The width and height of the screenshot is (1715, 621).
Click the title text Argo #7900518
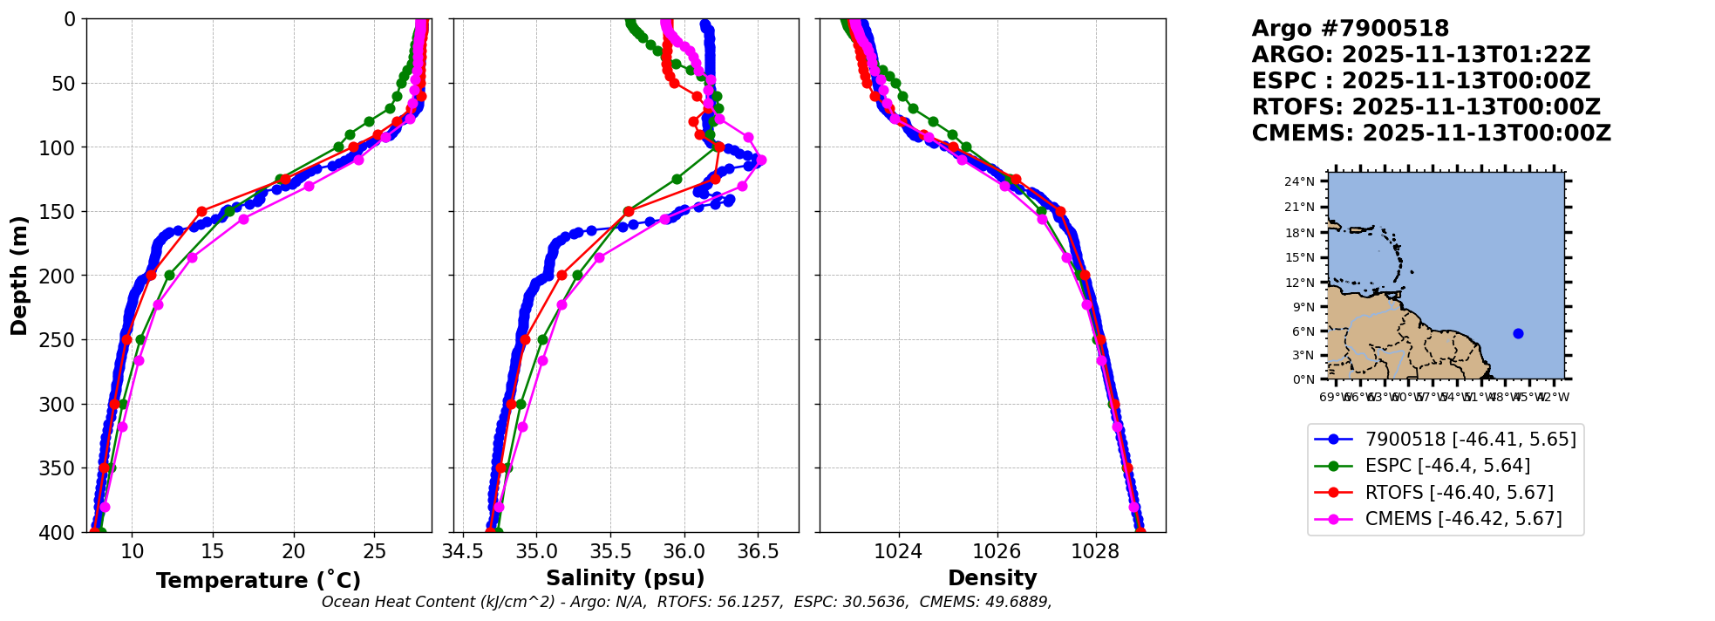coord(1350,29)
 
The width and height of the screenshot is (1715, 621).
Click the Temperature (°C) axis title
coord(258,581)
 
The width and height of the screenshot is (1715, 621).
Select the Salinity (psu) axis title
coord(625,578)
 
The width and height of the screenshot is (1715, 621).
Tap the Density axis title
coord(992,578)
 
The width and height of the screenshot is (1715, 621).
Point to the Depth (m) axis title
coord(19,276)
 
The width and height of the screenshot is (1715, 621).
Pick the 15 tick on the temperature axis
coord(213,551)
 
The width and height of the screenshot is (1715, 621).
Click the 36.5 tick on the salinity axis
coord(758,551)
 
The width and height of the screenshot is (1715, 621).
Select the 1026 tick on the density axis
coord(997,551)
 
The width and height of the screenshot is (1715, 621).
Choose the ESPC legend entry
coord(1446,466)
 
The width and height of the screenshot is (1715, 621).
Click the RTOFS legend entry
coord(1459,493)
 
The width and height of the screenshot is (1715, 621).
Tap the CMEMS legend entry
coord(1463,519)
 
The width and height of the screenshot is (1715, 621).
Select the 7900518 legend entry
coord(1470,440)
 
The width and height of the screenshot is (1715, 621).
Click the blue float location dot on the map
coord(1518,333)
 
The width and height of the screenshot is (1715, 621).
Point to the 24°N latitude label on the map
coord(1299,181)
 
